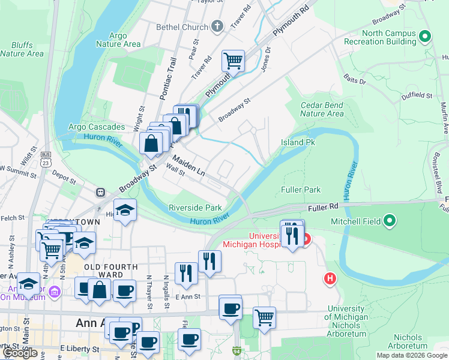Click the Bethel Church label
click(181, 27)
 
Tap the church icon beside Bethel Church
click(217, 26)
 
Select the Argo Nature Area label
click(118, 40)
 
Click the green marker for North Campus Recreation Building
click(425, 37)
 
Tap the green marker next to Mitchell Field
click(390, 221)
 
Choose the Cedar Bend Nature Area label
click(322, 109)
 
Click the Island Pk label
click(298, 143)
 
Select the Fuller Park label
click(301, 190)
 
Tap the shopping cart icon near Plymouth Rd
click(232, 60)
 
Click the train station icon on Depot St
click(100, 193)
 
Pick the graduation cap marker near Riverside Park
click(125, 210)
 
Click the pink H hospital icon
click(329, 278)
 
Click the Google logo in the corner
click(20, 353)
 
